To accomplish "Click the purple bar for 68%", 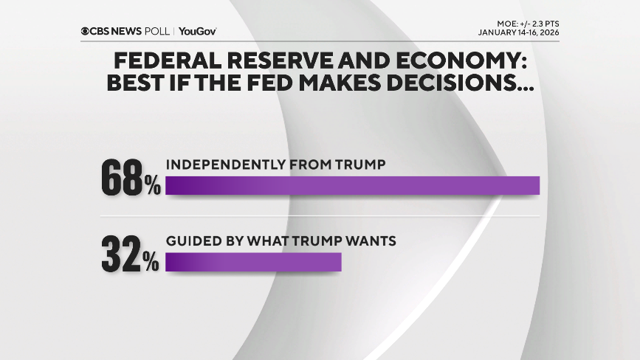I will pyautogui.click(x=352, y=186).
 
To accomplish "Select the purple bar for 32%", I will pyautogui.click(x=253, y=263).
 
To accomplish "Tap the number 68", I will pyautogui.click(x=122, y=179).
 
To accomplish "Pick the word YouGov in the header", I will pyautogui.click(x=197, y=32).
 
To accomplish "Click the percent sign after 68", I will pyautogui.click(x=152, y=186).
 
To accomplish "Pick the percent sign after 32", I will pyautogui.click(x=152, y=262).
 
